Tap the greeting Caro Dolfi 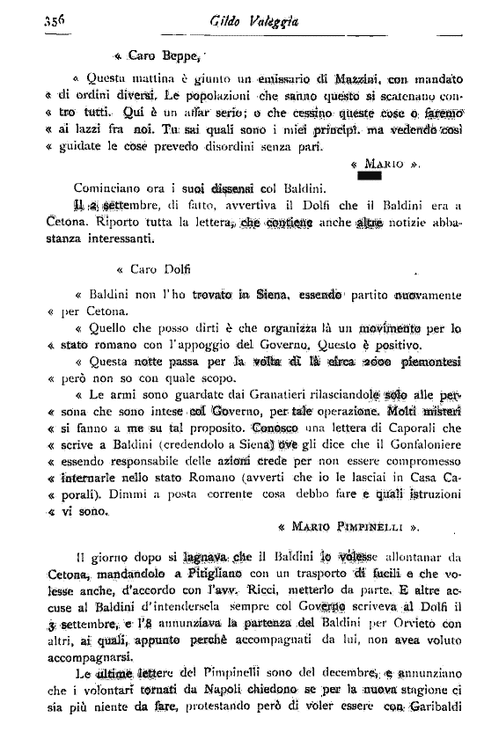156,271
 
